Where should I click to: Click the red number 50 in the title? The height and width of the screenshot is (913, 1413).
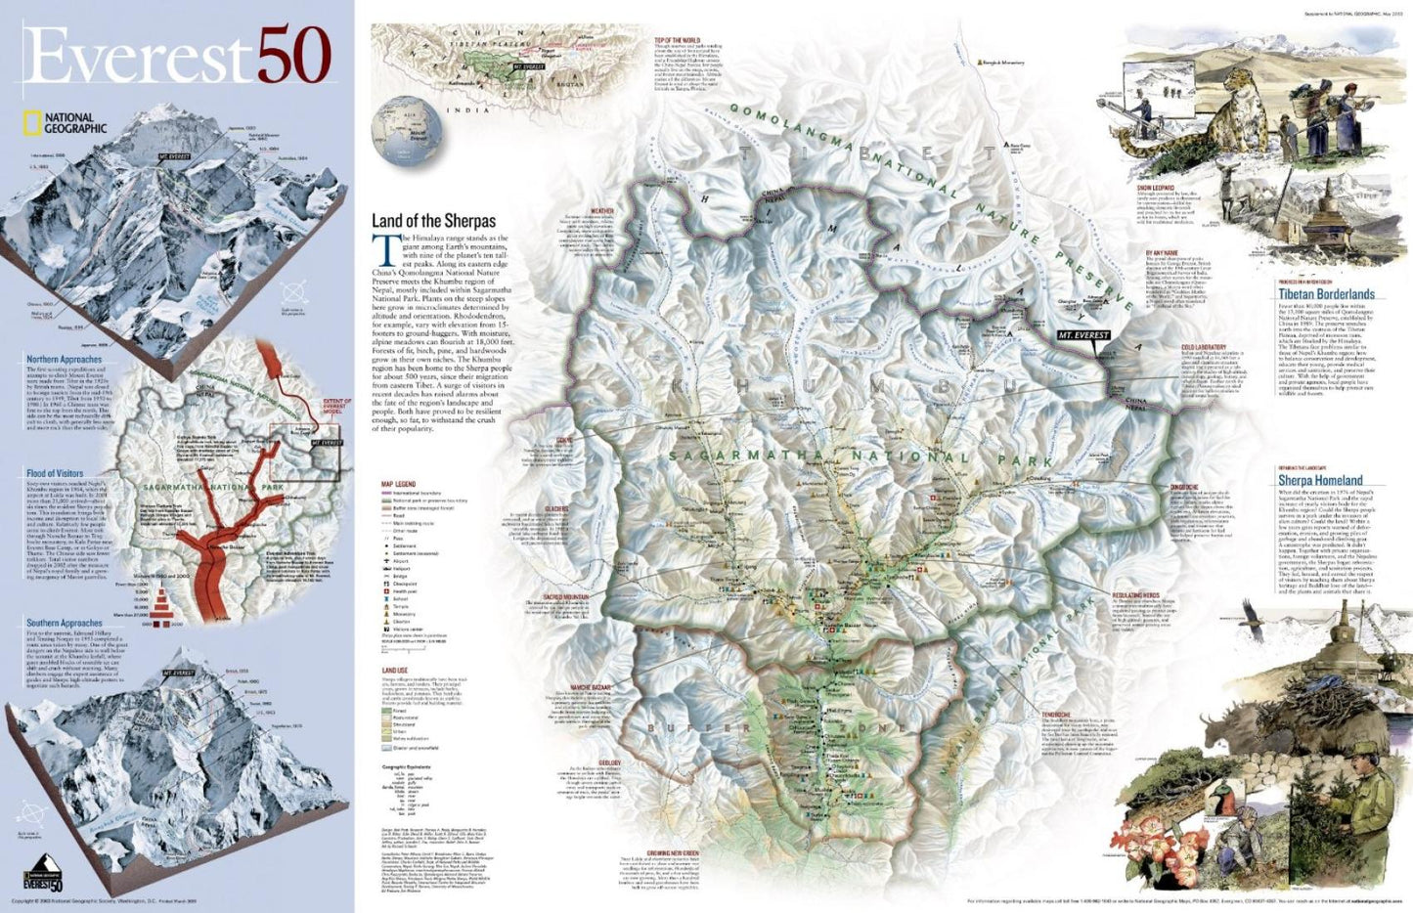(x=294, y=56)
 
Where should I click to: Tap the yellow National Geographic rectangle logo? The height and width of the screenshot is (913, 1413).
(x=31, y=123)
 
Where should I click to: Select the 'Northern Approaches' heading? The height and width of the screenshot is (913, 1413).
(x=64, y=360)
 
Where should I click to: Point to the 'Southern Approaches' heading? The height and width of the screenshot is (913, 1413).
(x=65, y=623)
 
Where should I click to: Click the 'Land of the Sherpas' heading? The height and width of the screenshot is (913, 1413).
(x=433, y=221)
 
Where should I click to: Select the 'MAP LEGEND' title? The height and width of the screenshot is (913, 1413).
(x=398, y=484)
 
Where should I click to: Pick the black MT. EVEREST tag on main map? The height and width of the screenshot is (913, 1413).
(x=1083, y=335)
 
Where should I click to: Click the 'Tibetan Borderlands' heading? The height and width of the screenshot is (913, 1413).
(x=1326, y=293)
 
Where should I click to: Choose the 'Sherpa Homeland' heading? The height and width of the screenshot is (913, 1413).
(x=1320, y=480)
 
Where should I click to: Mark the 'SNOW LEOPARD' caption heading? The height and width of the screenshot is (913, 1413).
(x=1156, y=187)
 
